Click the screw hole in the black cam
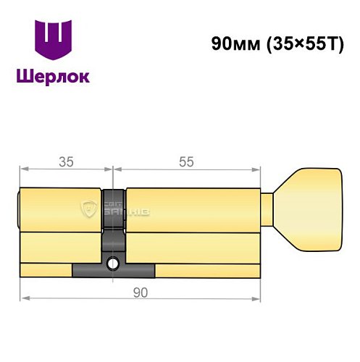click(113, 264)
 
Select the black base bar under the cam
click(113, 271)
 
